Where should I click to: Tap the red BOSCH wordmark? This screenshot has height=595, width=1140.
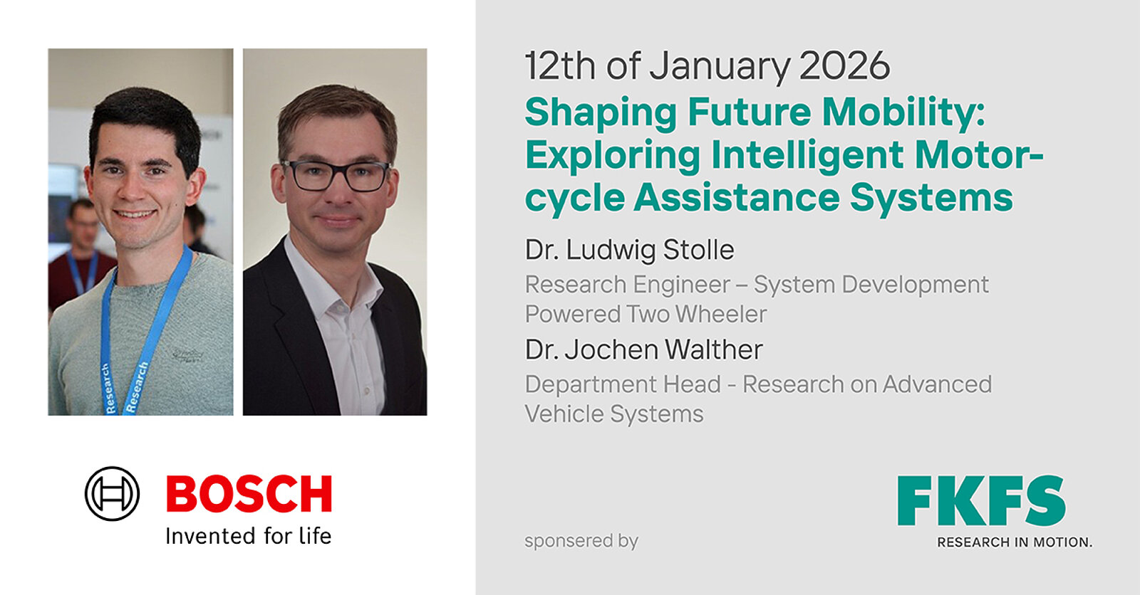coord(249,494)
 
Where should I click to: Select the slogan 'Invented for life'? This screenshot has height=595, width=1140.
coord(249,536)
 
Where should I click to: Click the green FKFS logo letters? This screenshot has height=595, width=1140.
coord(981,500)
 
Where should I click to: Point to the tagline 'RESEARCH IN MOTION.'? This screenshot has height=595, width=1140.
coord(1015,542)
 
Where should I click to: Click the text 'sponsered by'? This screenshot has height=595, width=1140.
coord(581,541)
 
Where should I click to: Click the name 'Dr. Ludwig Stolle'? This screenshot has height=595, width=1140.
coord(630,250)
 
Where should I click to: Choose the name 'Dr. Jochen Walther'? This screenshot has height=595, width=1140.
coord(644,349)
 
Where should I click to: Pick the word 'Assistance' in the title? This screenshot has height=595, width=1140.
coord(737,197)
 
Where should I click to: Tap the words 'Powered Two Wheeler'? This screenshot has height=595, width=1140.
coord(646,314)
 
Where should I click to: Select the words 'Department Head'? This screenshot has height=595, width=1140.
coord(623,384)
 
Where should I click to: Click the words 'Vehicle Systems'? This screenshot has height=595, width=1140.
coord(614,414)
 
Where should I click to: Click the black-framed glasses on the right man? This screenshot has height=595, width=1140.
coord(336,176)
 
